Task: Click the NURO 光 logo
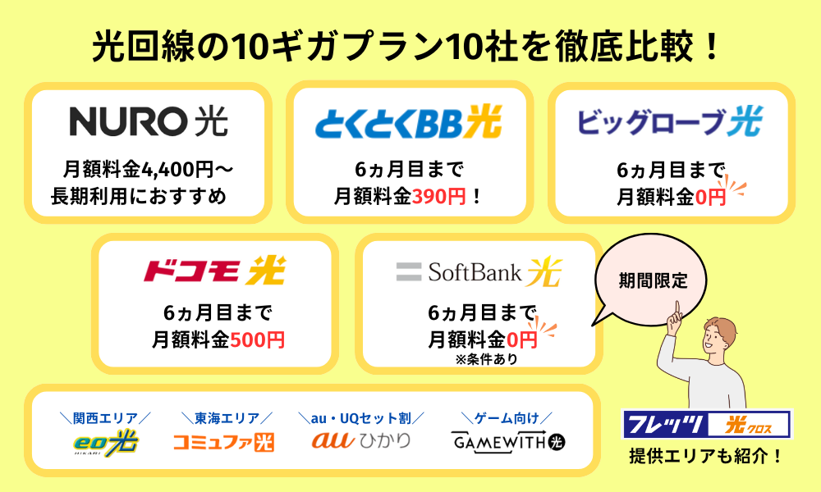[149, 121]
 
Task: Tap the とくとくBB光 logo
[408, 123]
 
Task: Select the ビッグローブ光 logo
[670, 122]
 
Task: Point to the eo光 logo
[105, 442]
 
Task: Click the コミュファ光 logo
[223, 442]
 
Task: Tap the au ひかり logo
[361, 441]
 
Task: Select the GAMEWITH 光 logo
[509, 442]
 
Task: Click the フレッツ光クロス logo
[707, 424]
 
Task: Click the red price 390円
[443, 197]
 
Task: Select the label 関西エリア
[104, 417]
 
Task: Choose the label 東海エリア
[223, 417]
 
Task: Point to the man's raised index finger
[678, 309]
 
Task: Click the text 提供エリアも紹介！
[706, 456]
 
